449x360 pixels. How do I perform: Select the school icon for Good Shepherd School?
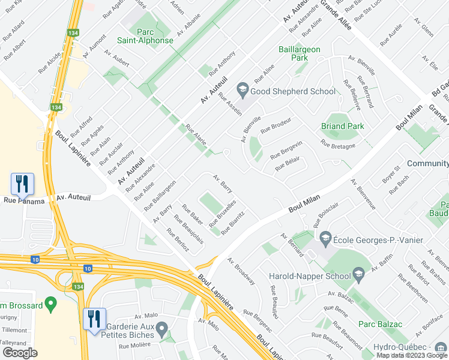pos(243,91)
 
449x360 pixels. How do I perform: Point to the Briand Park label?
pos(342,126)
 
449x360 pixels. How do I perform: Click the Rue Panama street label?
pos(25,201)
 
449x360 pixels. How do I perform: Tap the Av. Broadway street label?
pos(241,272)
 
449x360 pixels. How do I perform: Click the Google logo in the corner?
pos(20,352)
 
